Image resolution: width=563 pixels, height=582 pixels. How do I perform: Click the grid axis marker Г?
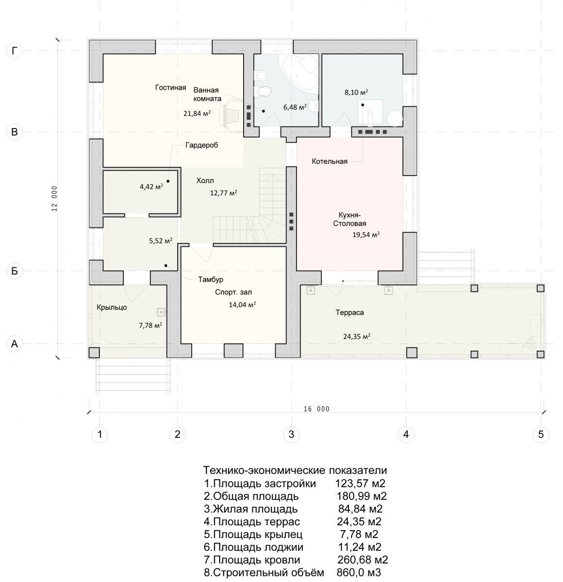coord(15,51)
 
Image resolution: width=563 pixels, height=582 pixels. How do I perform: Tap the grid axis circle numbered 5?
coord(541,434)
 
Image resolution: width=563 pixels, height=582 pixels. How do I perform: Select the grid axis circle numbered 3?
coord(291,434)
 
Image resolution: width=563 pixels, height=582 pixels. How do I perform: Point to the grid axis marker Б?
coord(15,271)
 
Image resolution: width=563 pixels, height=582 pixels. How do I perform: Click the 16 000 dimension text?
coord(316,409)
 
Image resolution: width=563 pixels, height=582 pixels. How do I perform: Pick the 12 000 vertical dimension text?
coord(54,198)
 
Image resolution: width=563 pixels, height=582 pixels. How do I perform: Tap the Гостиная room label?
coord(170,87)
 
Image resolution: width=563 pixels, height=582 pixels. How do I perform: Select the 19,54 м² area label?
coord(366,234)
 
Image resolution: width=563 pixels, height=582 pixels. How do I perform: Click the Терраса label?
coord(349,312)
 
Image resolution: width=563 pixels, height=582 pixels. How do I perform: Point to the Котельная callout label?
coord(330,162)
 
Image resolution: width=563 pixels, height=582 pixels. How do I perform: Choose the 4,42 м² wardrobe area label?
coord(151,187)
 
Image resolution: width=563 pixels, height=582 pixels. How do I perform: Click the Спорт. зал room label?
coord(233,292)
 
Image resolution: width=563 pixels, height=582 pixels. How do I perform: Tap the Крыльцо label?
coord(112,307)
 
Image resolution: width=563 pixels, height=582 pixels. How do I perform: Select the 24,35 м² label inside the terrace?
coord(357,337)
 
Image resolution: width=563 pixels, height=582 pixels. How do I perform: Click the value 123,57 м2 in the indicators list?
coord(360,484)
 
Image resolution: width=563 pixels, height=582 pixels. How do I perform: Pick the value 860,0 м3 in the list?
coord(359,572)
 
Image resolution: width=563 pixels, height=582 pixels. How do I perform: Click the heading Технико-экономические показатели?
coord(295,470)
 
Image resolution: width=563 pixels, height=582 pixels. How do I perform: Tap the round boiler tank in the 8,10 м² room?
coord(395,119)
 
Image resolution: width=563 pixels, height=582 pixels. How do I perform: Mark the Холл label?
coord(205,180)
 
